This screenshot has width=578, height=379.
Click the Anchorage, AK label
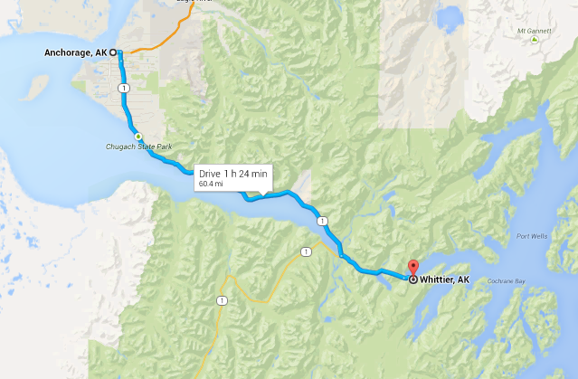coord(75,52)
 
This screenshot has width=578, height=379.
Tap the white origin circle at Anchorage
coord(114,52)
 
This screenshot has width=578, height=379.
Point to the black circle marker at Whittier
coord(413,280)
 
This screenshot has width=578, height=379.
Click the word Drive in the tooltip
coord(209,173)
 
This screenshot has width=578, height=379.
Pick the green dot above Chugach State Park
coord(137,136)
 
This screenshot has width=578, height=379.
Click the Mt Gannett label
coord(533,30)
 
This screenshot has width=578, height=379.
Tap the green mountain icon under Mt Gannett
coord(535,40)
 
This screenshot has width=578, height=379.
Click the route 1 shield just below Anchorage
coord(122,87)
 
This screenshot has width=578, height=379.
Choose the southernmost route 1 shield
coord(221,299)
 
